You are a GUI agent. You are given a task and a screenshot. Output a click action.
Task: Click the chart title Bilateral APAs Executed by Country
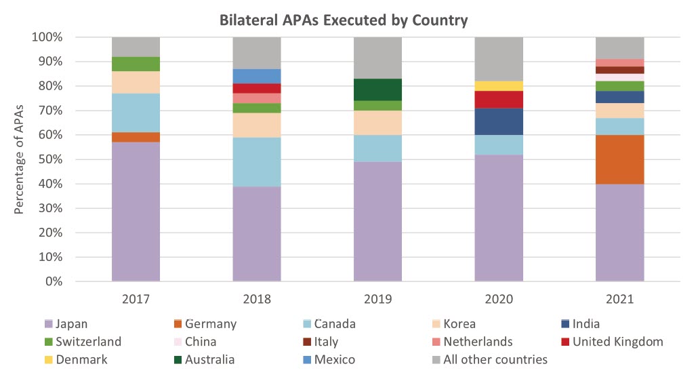click(x=344, y=20)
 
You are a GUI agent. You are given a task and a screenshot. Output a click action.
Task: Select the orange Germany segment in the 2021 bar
click(x=619, y=159)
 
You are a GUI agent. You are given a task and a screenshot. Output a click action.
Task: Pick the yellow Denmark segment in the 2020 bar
click(x=499, y=85)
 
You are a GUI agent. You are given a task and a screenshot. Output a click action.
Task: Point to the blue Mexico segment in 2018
click(x=257, y=76)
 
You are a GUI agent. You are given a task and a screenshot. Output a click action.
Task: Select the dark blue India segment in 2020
click(x=499, y=121)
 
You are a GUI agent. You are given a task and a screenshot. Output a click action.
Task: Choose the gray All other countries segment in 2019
click(x=377, y=58)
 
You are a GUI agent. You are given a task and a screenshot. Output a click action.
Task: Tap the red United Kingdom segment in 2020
click(x=499, y=99)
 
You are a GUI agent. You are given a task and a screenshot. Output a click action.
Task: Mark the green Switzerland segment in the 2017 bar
click(x=136, y=64)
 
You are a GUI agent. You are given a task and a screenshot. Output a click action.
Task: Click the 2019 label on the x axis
click(x=377, y=298)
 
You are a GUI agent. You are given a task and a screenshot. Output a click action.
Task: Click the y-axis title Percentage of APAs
click(x=20, y=159)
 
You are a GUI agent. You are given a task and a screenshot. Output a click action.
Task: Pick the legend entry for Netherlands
click(x=478, y=342)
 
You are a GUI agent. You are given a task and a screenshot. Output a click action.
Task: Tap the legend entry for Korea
click(x=459, y=324)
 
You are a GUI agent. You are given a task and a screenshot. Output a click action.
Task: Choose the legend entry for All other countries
click(x=495, y=359)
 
